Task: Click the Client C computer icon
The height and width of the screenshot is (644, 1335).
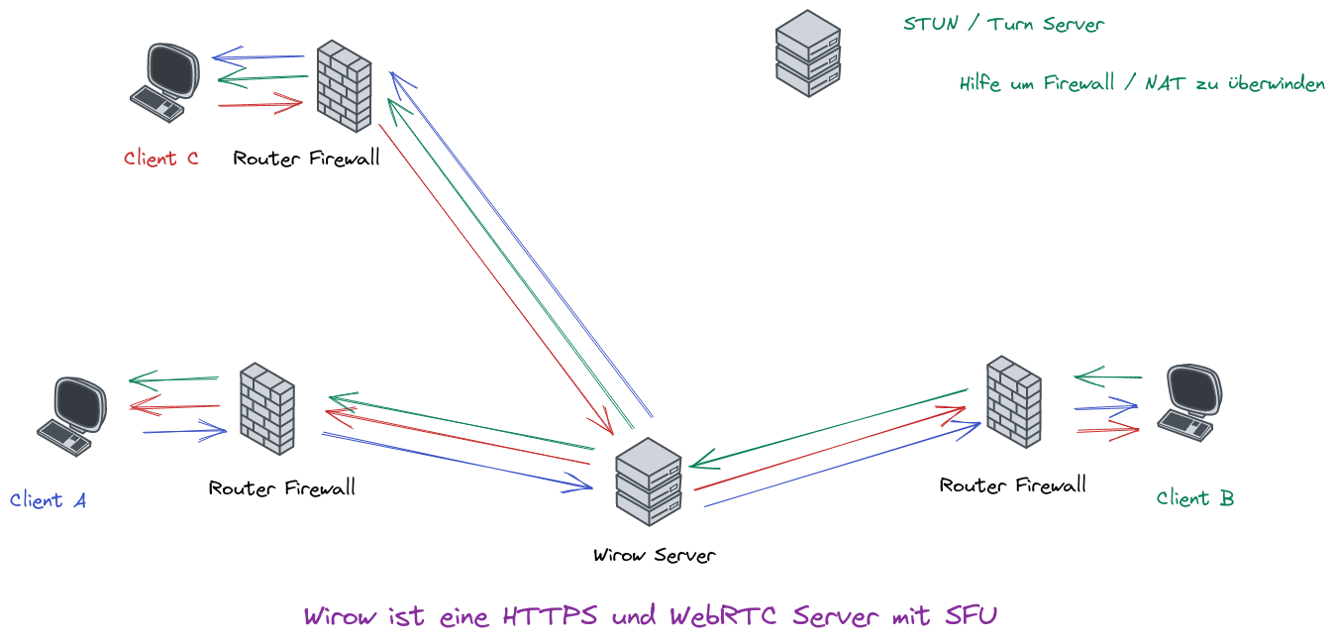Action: tap(165, 81)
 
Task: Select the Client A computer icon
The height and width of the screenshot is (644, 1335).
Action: tap(71, 415)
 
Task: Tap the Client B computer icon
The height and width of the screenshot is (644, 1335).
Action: tap(1190, 401)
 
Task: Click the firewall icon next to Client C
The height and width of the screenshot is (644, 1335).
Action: tap(344, 85)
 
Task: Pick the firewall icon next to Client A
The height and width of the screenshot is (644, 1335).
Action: tap(267, 408)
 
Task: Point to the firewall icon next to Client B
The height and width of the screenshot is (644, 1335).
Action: tap(1013, 402)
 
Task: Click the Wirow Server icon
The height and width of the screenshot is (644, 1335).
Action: tap(649, 483)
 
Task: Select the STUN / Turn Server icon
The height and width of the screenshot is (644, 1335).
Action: tap(807, 54)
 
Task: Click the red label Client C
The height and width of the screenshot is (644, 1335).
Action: tap(161, 159)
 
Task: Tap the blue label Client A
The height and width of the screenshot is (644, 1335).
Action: tap(48, 500)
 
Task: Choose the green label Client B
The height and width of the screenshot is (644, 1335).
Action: tap(1194, 498)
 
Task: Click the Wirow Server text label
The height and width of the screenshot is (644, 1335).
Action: tap(654, 555)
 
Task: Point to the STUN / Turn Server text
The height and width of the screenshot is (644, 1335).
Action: tap(1003, 24)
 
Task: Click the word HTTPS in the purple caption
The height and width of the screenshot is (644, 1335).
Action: tap(550, 616)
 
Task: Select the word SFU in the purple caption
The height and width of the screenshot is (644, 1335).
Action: tap(970, 616)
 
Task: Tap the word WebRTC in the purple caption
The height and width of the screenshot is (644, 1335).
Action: tap(726, 616)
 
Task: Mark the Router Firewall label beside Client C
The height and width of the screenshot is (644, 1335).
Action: tap(306, 159)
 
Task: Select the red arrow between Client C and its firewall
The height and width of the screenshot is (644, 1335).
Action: tap(259, 103)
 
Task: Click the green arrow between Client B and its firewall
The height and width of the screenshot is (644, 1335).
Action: tap(1107, 377)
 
